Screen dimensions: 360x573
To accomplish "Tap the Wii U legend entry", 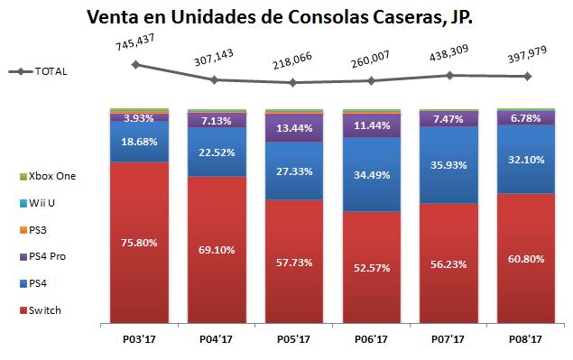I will (x=45, y=203).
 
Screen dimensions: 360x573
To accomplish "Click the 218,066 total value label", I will (x=293, y=66).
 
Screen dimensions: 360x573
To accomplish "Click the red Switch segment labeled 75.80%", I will (x=138, y=242).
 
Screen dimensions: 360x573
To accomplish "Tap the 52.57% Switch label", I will (x=371, y=264).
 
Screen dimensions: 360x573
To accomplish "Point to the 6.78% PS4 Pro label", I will (x=526, y=117).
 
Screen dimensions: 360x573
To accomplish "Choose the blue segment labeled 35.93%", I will (x=448, y=165).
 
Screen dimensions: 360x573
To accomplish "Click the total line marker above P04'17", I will (x=215, y=79).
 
